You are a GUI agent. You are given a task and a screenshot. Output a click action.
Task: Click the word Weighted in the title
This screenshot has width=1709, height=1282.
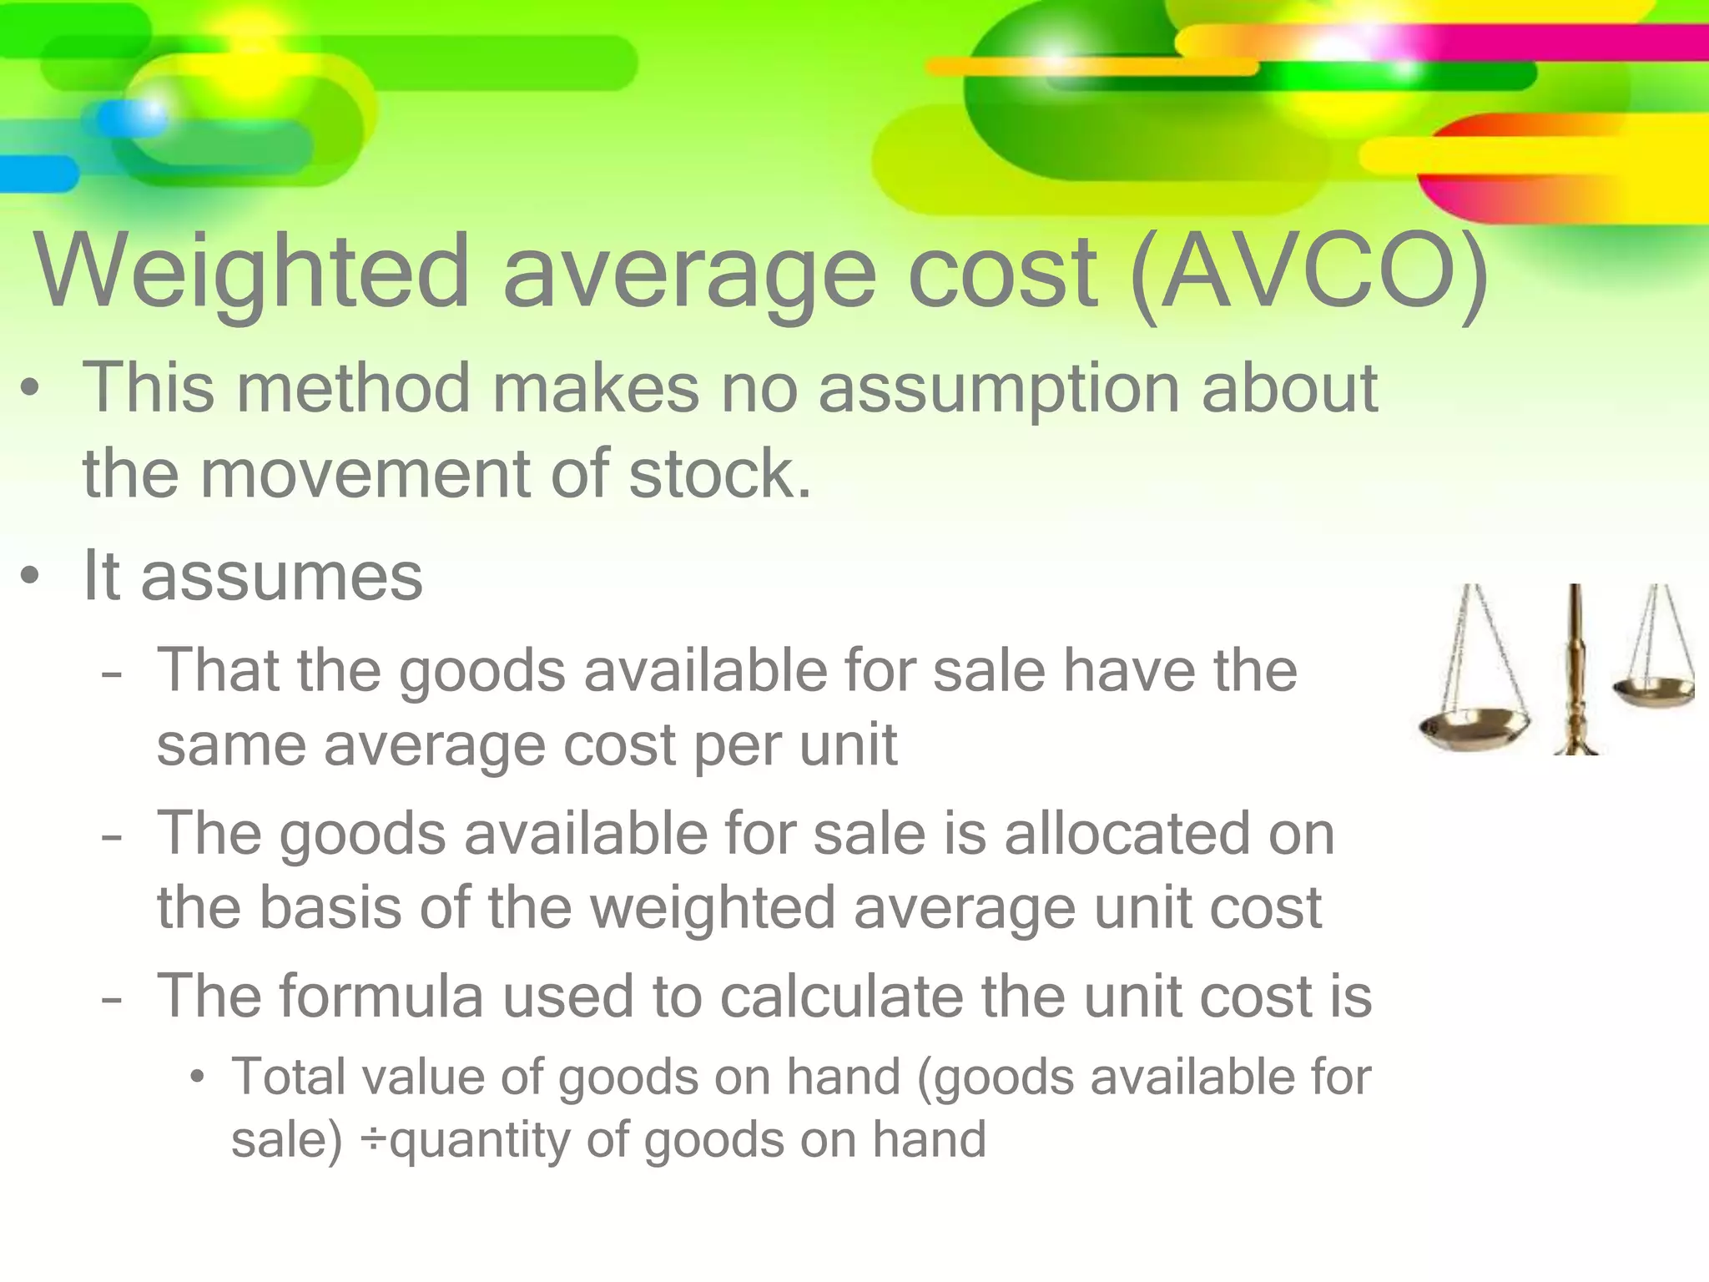pos(251,272)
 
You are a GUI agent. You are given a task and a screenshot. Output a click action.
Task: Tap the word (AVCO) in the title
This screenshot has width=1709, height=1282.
pos(1308,272)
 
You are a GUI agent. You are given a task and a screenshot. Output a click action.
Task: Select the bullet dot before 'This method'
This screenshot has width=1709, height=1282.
pos(31,389)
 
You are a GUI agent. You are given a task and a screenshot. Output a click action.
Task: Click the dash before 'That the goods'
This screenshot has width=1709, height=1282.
pos(111,673)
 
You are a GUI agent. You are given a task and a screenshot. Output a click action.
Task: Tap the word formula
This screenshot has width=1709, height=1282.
pos(381,996)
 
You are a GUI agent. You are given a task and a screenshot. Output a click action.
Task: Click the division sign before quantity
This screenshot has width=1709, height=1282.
pos(373,1141)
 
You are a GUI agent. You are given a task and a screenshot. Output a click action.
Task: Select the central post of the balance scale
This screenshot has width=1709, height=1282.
pos(1575,668)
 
